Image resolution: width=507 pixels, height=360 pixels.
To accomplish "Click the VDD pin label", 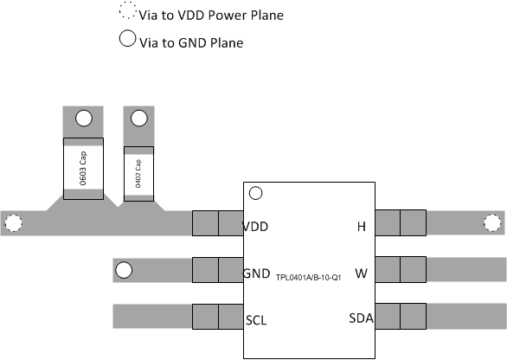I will coord(255,227).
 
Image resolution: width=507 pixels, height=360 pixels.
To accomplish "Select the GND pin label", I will coord(256,273).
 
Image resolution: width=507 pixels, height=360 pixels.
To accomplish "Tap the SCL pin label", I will coord(255,319).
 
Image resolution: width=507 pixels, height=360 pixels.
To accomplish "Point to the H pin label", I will coord(362,227).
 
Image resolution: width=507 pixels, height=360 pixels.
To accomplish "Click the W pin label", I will coord(361,273).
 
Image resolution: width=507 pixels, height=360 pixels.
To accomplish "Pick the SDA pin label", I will coord(361,319).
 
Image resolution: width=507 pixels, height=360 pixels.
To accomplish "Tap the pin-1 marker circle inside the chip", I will coord(256,193).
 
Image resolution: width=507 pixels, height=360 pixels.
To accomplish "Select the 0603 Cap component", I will coord(83,168).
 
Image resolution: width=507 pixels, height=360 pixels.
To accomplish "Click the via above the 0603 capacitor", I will coord(84,119).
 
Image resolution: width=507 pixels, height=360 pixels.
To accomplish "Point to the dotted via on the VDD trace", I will coord(13,223).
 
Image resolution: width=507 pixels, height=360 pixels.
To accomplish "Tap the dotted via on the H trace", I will coord(492,223).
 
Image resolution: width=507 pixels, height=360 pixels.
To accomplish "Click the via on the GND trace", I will coord(124,271).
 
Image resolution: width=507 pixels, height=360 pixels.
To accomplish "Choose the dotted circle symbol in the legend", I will coord(127,14).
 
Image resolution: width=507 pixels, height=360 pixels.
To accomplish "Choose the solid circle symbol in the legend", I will coord(127,39).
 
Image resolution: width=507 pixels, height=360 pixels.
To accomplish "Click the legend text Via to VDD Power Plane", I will coord(210,16).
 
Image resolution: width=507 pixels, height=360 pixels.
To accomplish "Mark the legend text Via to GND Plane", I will coord(190,42).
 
